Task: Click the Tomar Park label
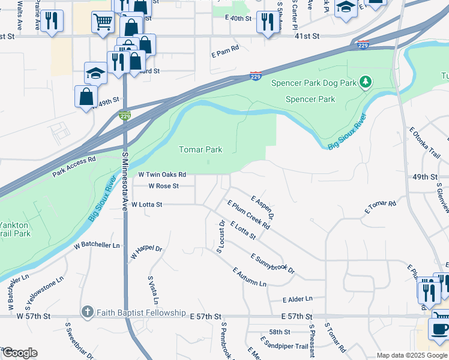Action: pos(200,149)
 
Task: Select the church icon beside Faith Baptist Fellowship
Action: pos(87,312)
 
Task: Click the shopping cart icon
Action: pos(103,23)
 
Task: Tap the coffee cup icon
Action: pos(439,329)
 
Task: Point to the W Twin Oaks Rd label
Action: pos(162,175)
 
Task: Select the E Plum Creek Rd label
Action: pos(249,215)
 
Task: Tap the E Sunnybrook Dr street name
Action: pos(273,263)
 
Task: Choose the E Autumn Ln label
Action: pos(250,277)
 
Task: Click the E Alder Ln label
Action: pos(298,299)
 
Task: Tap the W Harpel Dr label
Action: pos(146,252)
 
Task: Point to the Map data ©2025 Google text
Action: pos(411,355)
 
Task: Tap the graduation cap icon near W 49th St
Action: pos(95,73)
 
